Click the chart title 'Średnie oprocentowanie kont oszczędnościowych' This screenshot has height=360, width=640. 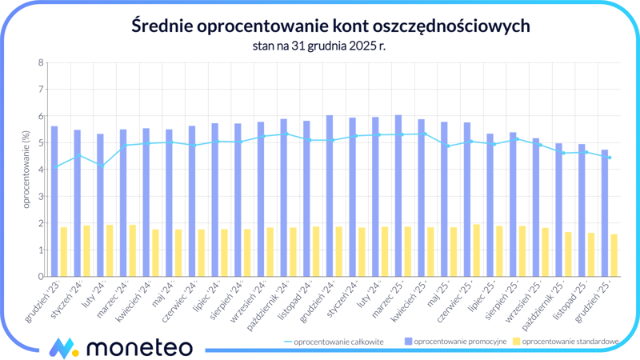point(319,26)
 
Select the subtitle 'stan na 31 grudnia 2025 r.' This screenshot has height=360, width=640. point(319,46)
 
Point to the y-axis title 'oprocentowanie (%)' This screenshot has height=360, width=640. point(26,170)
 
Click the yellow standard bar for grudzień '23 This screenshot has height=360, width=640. point(64,252)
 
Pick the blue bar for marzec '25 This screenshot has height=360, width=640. point(398,196)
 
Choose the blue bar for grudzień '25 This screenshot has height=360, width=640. point(605,214)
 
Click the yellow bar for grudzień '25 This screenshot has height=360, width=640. point(614,255)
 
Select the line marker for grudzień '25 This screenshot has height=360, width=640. point(610,158)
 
